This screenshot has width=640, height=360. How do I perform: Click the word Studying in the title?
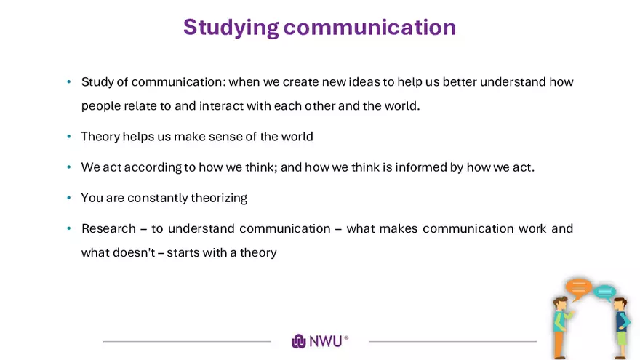(x=231, y=28)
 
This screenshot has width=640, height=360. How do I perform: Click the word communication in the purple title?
(x=369, y=27)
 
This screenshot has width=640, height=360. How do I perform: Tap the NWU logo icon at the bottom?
(x=298, y=341)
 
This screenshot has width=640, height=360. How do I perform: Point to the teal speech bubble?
(x=604, y=292)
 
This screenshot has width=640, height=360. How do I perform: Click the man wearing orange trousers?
(x=561, y=327)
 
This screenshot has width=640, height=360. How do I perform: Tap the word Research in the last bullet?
(x=108, y=228)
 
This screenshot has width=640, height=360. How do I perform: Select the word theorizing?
(x=219, y=198)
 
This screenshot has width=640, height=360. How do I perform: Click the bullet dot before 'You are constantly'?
(x=69, y=198)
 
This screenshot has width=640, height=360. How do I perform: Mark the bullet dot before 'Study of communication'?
(x=69, y=82)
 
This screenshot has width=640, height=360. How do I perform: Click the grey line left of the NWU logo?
(x=187, y=341)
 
